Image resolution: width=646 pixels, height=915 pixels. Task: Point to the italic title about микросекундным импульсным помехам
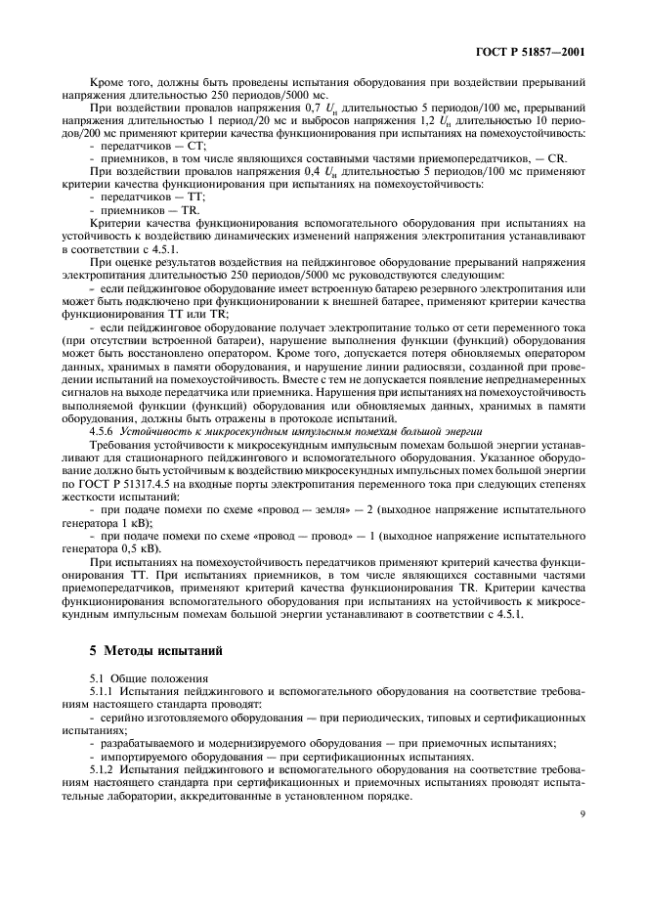click(x=275, y=430)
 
